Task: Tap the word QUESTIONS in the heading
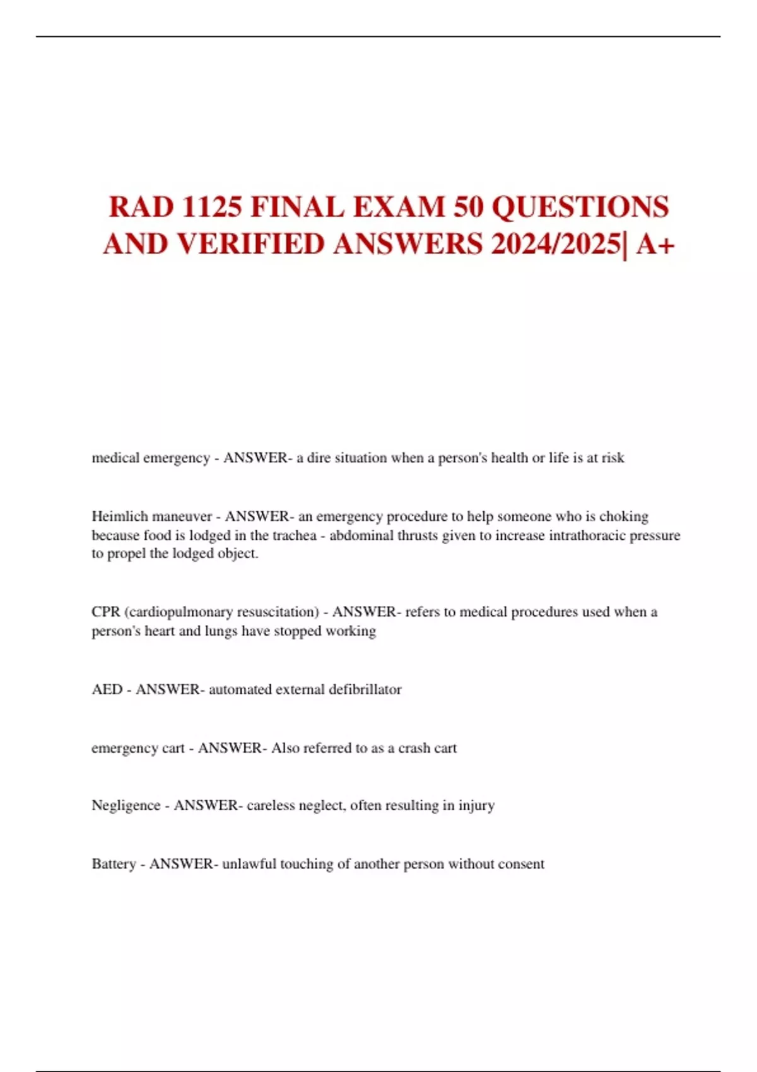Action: [580, 207]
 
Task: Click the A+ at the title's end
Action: [655, 244]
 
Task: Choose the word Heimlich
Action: [119, 516]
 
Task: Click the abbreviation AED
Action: [107, 689]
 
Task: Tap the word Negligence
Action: [126, 805]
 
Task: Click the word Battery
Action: [114, 864]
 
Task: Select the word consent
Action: [521, 864]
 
